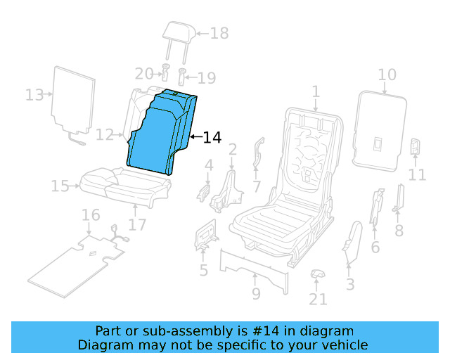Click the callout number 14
point(212,138)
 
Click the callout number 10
point(387,75)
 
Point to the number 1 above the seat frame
point(316,91)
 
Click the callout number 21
point(318,300)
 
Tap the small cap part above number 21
point(318,273)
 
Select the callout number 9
point(256,293)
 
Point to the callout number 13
point(34,95)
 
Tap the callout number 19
point(206,78)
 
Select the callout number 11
point(418,174)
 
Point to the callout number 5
point(203,270)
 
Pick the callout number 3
point(349,284)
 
